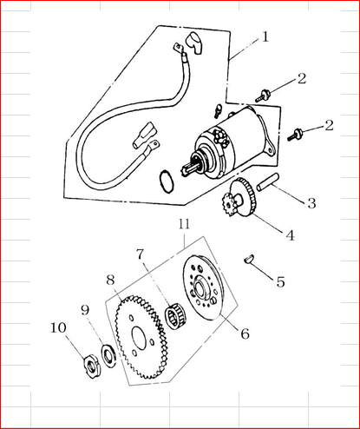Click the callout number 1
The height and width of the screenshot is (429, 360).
(x=265, y=36)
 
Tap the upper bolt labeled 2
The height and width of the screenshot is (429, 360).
(x=263, y=96)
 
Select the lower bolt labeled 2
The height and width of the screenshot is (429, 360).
(x=295, y=135)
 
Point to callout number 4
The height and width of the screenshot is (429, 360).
(x=291, y=235)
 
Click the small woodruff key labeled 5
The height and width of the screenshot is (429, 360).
(x=249, y=258)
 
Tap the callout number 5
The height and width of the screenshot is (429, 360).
(x=280, y=281)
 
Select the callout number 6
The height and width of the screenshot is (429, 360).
(x=245, y=333)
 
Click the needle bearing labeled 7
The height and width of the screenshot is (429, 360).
(x=175, y=316)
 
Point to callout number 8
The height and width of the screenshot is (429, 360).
(x=110, y=280)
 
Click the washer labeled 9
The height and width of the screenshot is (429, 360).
(x=108, y=355)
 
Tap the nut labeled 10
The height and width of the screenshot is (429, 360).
(x=93, y=366)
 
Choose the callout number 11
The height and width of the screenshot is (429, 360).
(x=184, y=224)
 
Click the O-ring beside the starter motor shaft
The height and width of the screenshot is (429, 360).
(x=167, y=181)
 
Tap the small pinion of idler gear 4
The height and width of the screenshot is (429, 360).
(x=229, y=206)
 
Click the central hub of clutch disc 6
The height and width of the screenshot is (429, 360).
(x=201, y=287)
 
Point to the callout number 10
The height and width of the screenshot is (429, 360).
(x=58, y=327)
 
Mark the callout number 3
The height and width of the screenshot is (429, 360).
(x=311, y=203)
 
